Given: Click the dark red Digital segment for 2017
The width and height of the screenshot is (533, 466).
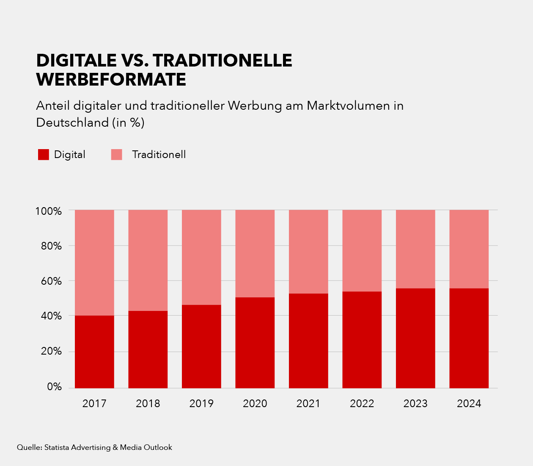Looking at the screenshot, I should pos(94,352).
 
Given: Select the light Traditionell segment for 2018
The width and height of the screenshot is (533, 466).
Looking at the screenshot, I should pos(148,260).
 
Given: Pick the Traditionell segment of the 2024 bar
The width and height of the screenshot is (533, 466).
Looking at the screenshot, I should pos(469,249).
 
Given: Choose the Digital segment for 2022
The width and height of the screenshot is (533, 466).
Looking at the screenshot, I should pos(362,340).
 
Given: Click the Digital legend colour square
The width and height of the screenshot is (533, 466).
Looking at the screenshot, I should pos(44,155).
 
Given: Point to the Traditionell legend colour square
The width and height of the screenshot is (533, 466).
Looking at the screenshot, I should pos(117,155).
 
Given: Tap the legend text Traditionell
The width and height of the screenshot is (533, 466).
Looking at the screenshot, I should pos(159,155).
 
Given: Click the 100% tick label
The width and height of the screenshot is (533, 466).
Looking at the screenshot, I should pos(49,211).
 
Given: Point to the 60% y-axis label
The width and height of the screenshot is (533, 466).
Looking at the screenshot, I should pos(51,281).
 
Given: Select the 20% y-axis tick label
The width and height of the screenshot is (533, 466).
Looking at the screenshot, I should pos(51,352).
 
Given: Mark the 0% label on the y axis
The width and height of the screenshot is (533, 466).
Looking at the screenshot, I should pos(54,387).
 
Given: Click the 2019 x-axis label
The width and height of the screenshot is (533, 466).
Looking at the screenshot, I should pos(201,404).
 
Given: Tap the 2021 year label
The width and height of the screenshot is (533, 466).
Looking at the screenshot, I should pos(308,404).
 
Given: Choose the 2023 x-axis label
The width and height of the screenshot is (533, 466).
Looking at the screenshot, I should pos(415,404).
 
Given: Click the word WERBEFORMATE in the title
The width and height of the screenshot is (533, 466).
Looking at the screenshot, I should pos(111,80).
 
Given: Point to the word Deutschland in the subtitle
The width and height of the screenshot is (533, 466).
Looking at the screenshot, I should pos(72,123).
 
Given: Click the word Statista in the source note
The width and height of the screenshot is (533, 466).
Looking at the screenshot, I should pos(57,447).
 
